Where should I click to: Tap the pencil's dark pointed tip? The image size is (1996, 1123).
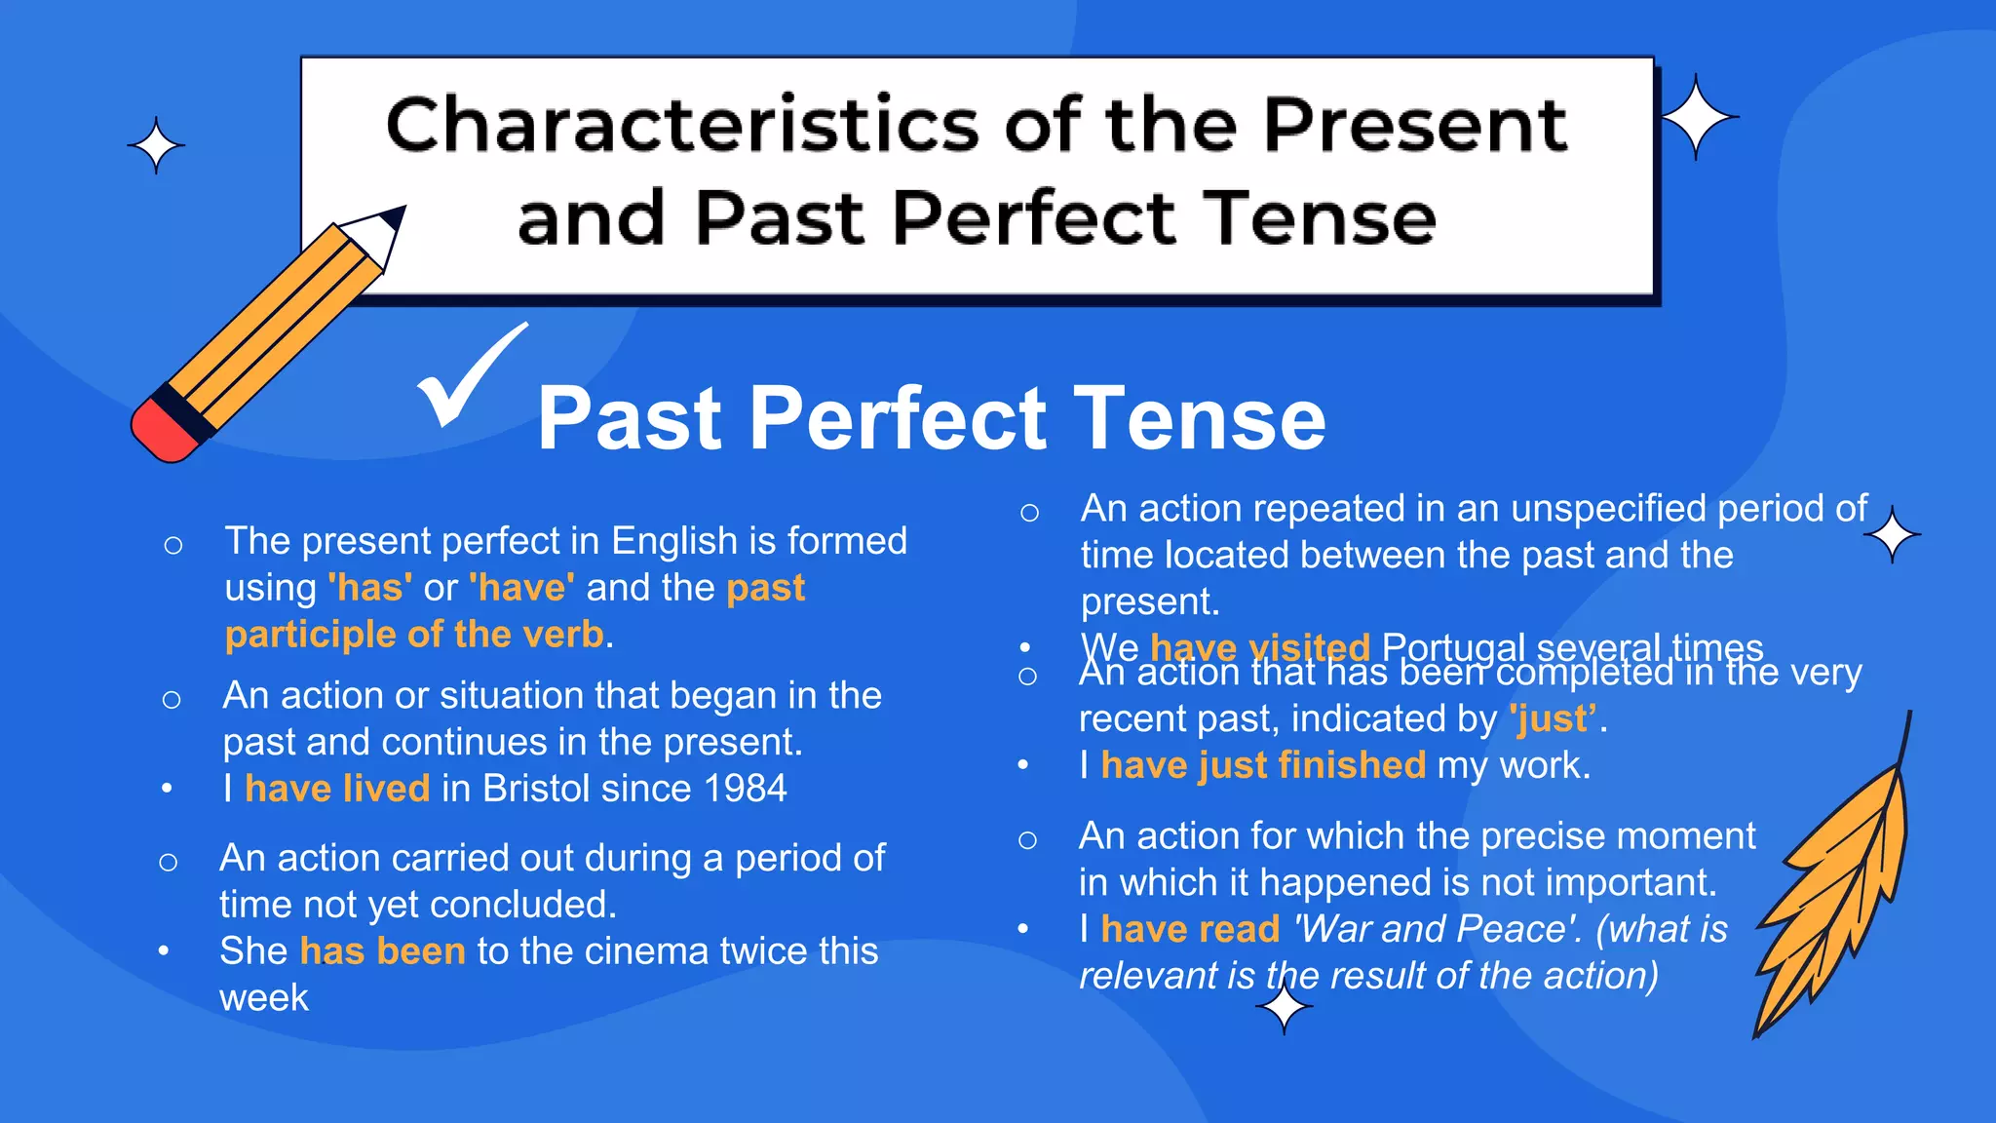coord(395,215)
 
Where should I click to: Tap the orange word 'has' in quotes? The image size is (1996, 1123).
coord(369,588)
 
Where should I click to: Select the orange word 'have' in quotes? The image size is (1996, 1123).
coord(521,588)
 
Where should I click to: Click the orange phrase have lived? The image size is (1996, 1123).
coord(336,789)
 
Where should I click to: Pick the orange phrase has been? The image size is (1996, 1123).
coord(382,951)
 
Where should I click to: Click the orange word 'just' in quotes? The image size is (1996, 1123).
coord(1554,719)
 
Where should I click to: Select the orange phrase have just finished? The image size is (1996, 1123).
coord(1262,765)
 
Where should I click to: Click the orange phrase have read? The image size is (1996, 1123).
coord(1189,929)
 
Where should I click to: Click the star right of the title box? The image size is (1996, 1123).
coord(1697,117)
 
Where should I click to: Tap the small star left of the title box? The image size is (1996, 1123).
coord(156,146)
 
